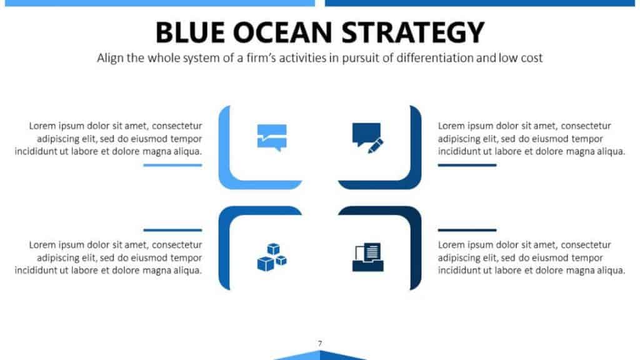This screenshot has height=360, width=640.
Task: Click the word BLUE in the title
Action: (x=190, y=32)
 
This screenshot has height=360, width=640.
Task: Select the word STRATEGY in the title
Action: (x=412, y=32)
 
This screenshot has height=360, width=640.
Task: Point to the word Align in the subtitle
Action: (x=110, y=58)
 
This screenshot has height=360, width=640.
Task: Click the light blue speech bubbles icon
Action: (x=272, y=137)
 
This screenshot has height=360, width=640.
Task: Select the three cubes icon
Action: (x=272, y=257)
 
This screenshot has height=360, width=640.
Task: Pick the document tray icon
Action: (x=367, y=257)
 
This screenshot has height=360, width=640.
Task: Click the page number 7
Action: (x=320, y=343)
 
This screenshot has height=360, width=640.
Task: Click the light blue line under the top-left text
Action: (x=172, y=165)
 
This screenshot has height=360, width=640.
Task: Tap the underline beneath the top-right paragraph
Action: (x=467, y=165)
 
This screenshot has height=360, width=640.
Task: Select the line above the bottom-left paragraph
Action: (x=172, y=230)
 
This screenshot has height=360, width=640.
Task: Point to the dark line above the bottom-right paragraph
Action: (x=467, y=230)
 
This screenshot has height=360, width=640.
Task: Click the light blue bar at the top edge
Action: (x=159, y=3)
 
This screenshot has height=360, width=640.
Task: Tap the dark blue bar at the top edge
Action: (x=479, y=3)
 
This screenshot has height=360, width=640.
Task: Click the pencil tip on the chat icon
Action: (x=369, y=152)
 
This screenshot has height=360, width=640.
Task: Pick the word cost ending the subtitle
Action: (x=531, y=58)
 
